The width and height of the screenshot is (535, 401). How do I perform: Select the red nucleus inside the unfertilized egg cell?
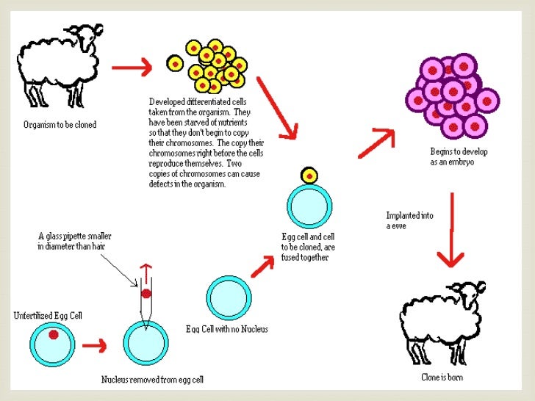(53, 336)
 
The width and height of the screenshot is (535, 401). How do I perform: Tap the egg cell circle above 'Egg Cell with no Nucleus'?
(230, 297)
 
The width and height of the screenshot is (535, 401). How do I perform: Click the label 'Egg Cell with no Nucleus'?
(228, 329)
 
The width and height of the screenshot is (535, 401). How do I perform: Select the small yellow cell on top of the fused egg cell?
(309, 176)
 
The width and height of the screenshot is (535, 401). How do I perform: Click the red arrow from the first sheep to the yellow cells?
(132, 68)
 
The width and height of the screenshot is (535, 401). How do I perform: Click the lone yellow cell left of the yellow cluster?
(176, 65)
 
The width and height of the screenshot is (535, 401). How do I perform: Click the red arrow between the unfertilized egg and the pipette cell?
(93, 344)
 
